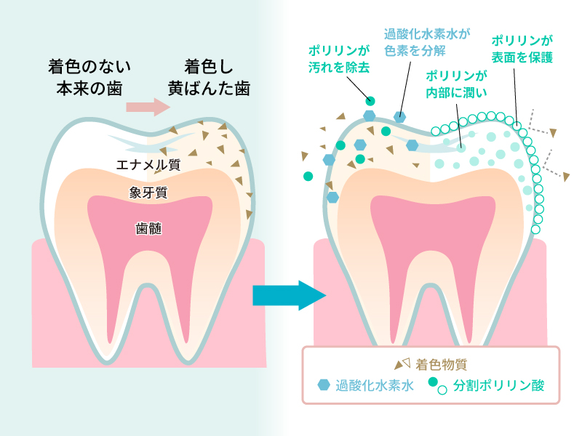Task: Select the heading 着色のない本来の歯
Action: click(x=89, y=78)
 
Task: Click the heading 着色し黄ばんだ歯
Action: click(x=208, y=78)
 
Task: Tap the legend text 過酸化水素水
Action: click(x=375, y=385)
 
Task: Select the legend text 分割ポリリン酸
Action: click(x=498, y=385)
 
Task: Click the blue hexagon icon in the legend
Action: click(x=324, y=385)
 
